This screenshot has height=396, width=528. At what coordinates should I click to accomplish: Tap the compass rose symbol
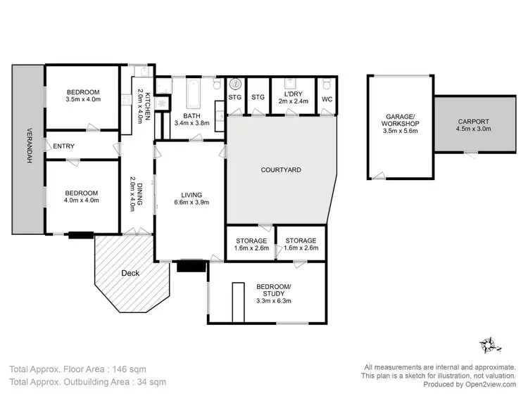(x=489, y=345)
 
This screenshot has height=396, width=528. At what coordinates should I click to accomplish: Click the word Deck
(x=130, y=273)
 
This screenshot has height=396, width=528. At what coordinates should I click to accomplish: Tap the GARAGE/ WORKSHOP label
(x=402, y=120)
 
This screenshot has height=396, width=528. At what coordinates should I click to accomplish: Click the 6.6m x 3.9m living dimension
(x=191, y=203)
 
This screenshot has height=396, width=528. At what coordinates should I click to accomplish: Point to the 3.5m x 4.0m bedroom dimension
(x=83, y=100)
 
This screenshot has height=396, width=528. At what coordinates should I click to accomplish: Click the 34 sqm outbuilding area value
(x=151, y=383)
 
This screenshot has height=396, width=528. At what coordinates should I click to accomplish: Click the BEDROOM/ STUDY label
(x=270, y=289)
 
